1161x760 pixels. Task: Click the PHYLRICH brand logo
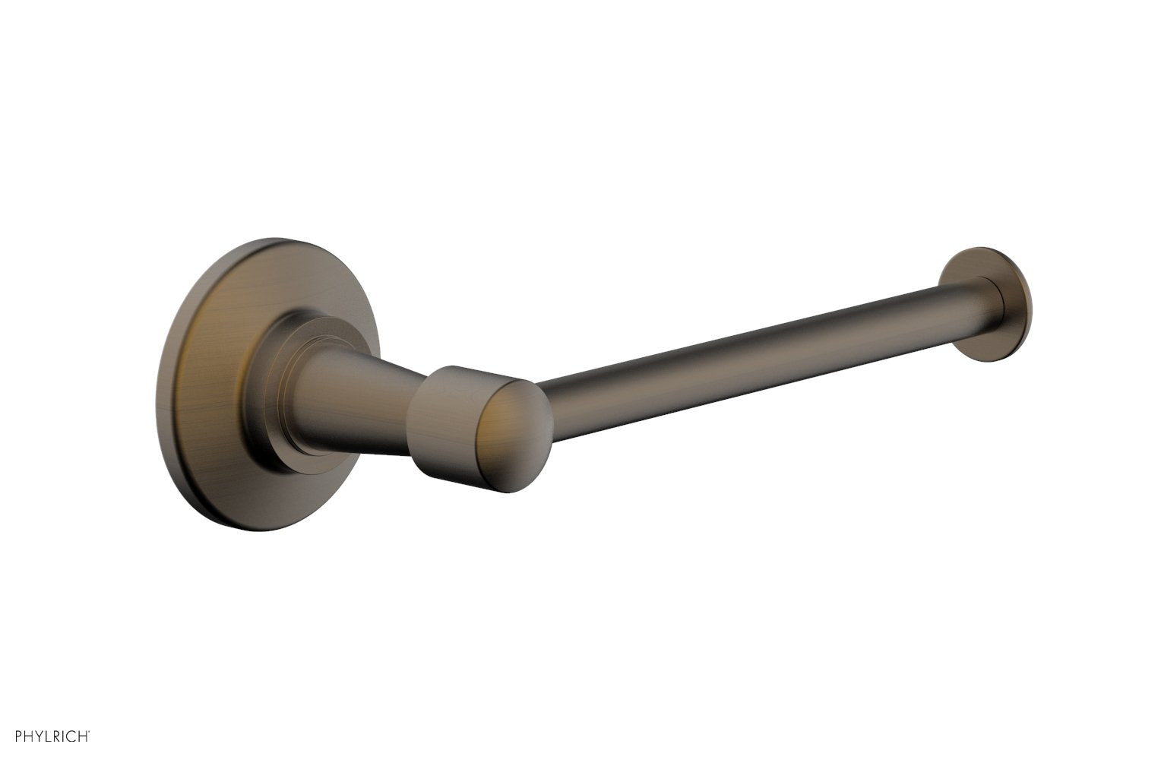pyautogui.click(x=53, y=735)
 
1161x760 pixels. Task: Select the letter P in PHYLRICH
pyautogui.click(x=18, y=736)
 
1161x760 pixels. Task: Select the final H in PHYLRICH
pyautogui.click(x=86, y=736)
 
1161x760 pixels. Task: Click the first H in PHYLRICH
pyautogui.click(x=29, y=736)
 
